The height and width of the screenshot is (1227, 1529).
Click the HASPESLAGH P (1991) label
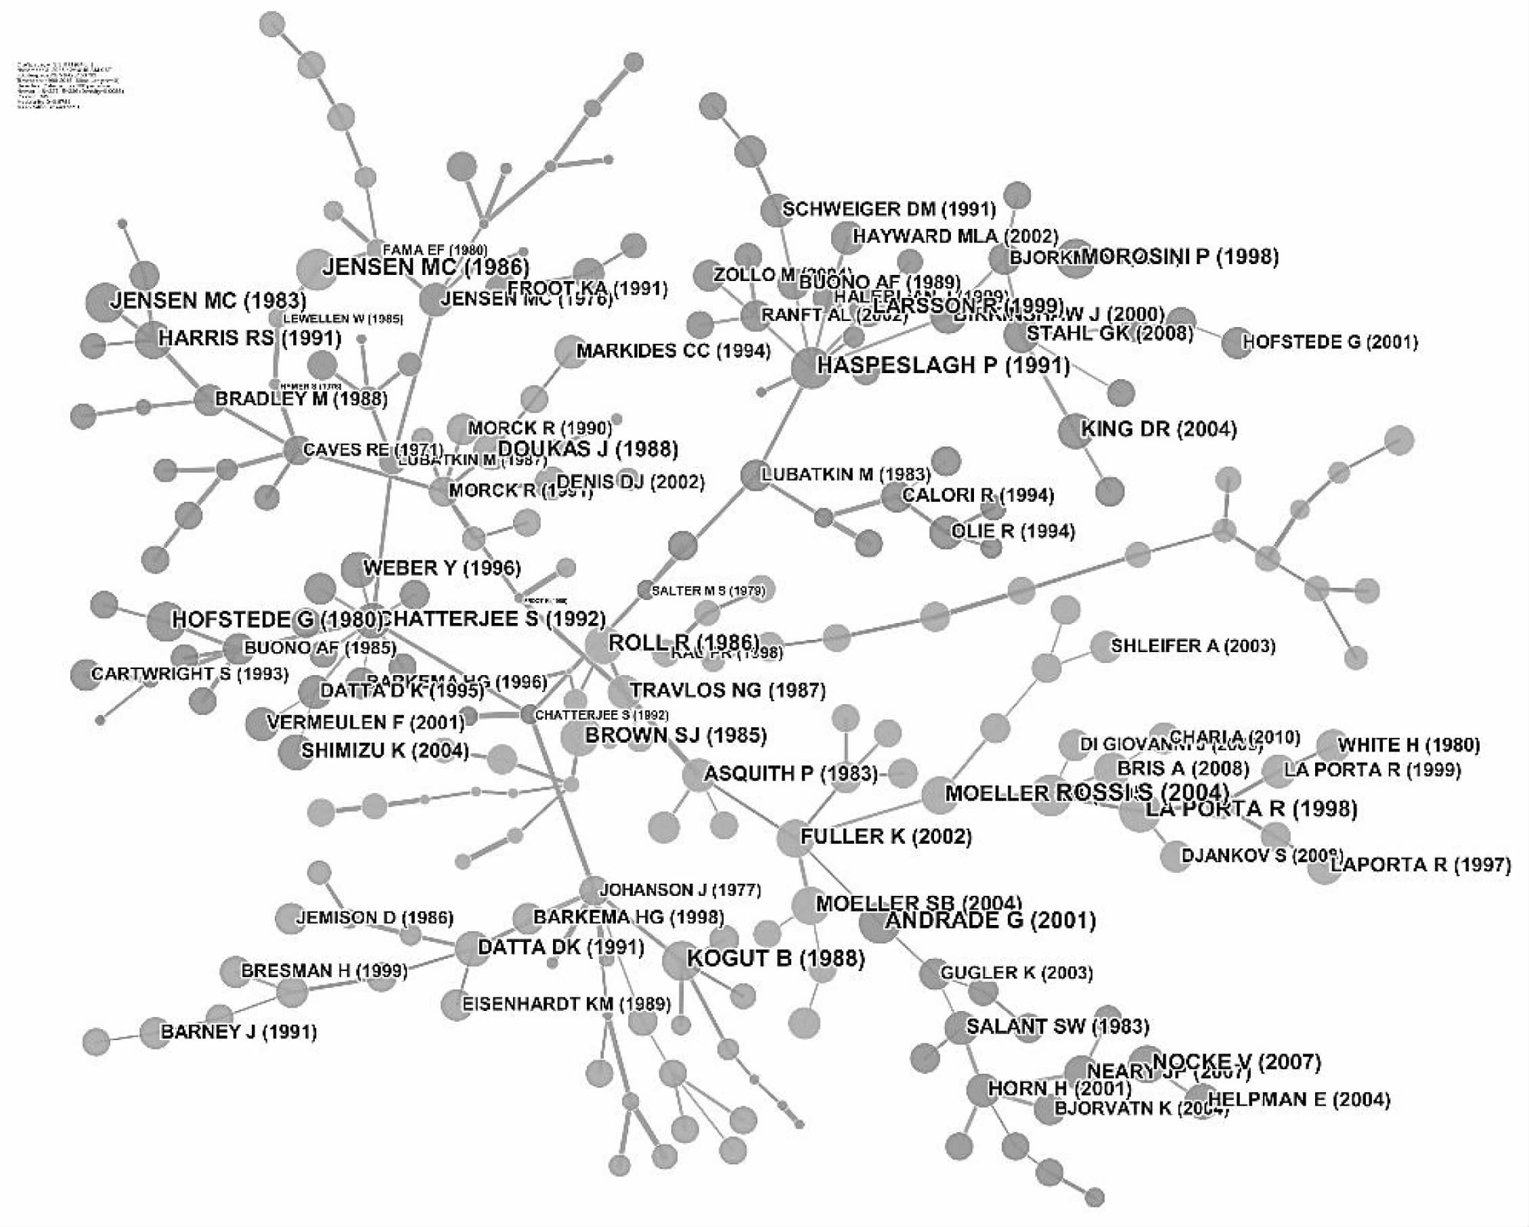[x=944, y=366]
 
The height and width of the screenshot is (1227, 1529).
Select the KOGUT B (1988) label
[x=776, y=959]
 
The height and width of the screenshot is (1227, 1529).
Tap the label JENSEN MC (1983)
[x=208, y=300]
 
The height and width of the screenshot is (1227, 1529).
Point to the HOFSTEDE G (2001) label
[x=1330, y=342]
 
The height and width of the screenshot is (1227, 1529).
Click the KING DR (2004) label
[x=1158, y=429]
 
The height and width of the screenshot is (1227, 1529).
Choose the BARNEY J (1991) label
[x=238, y=1031]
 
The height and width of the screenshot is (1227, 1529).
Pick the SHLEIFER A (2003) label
[x=1193, y=646]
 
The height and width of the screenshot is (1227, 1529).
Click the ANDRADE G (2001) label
[x=991, y=921]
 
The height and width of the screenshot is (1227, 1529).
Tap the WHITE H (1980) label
[x=1409, y=745]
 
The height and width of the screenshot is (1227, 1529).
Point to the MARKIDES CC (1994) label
[x=673, y=351]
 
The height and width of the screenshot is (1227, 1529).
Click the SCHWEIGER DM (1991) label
[x=889, y=209]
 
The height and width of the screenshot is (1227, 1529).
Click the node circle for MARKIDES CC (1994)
[x=569, y=352]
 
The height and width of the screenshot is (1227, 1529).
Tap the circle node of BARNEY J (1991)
[x=154, y=1033]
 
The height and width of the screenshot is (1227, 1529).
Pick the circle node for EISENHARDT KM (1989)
[x=456, y=1005]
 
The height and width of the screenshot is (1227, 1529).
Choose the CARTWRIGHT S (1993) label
[x=190, y=674]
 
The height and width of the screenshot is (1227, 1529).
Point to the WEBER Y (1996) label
[x=442, y=567]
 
